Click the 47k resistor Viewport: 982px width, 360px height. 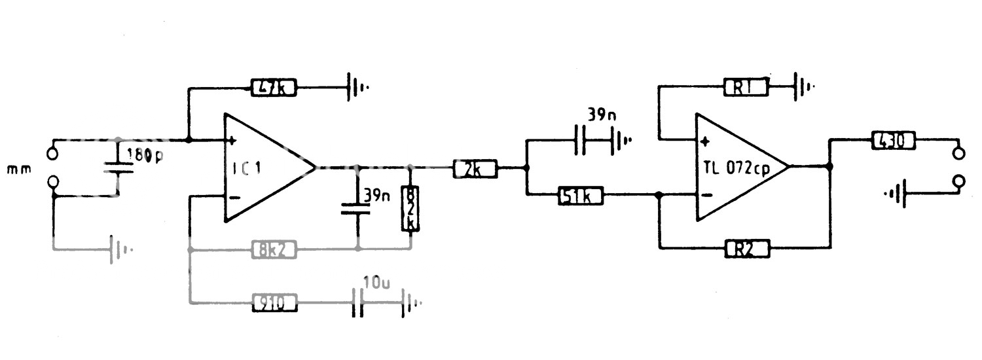274,86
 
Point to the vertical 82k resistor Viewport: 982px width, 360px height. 410,208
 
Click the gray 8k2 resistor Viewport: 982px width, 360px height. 274,249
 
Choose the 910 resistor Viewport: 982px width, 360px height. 274,302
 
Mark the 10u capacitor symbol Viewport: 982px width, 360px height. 357,303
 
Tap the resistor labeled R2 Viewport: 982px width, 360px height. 746,248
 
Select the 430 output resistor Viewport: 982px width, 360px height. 892,140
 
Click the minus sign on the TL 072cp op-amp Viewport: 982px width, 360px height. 704,194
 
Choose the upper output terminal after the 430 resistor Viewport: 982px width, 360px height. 959,154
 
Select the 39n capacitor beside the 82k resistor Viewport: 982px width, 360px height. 357,208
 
